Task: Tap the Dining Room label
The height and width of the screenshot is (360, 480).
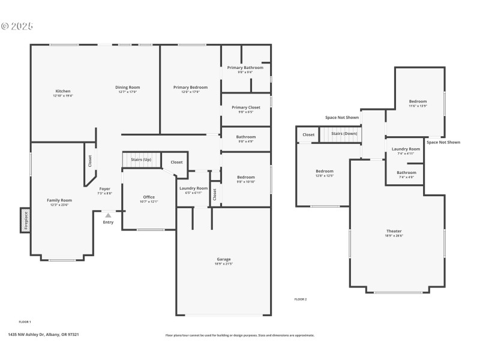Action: pyautogui.click(x=127, y=88)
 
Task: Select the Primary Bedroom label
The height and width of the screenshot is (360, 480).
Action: pyautogui.click(x=190, y=88)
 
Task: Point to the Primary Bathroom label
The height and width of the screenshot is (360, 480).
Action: pyautogui.click(x=245, y=68)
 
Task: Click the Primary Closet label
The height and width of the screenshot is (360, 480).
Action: pyautogui.click(x=246, y=107)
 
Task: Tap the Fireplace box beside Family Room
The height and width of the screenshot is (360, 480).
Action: pyautogui.click(x=25, y=220)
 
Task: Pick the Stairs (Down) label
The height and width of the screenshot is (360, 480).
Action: pyautogui.click(x=344, y=133)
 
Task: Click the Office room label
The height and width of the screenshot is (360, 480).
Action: pyautogui.click(x=149, y=197)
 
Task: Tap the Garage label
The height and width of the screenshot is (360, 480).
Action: pyautogui.click(x=223, y=259)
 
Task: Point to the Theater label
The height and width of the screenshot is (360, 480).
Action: pyautogui.click(x=394, y=231)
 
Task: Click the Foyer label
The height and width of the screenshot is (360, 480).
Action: pyautogui.click(x=104, y=189)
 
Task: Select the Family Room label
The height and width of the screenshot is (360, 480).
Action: pyautogui.click(x=59, y=200)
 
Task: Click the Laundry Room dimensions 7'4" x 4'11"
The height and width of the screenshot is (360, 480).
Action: pyautogui.click(x=406, y=154)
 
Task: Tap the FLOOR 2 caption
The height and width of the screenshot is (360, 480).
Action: pyautogui.click(x=301, y=299)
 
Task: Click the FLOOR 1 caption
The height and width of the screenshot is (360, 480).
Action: pyautogui.click(x=25, y=322)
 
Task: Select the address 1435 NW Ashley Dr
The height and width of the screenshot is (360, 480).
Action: pyautogui.click(x=43, y=335)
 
